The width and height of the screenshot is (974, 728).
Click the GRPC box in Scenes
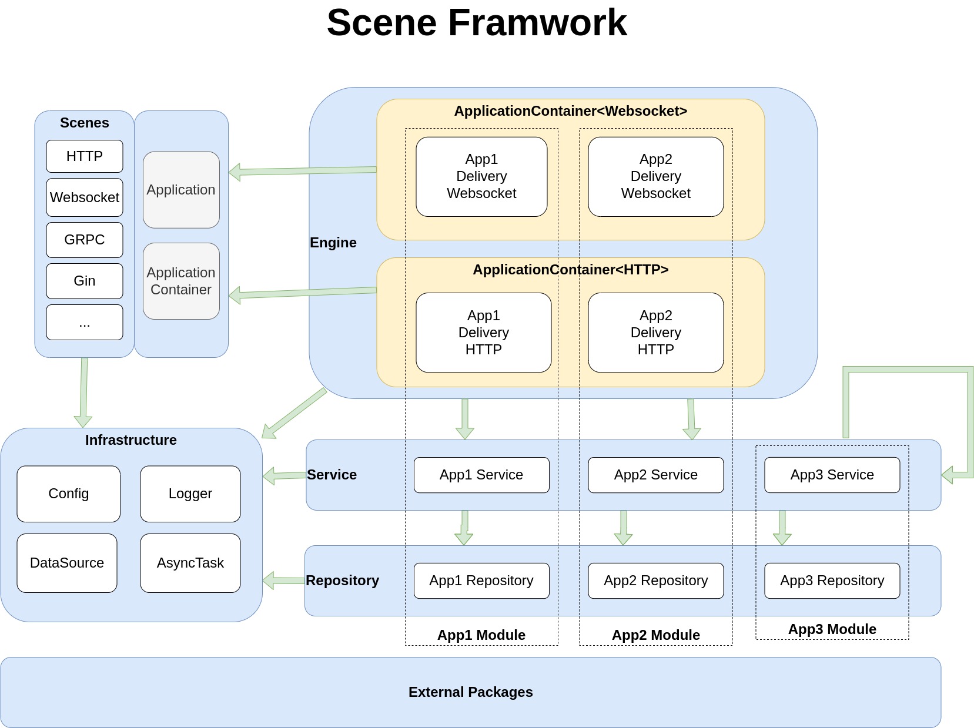coord(85,240)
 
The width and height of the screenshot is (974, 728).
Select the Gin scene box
coord(85,281)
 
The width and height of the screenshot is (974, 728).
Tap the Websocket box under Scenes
coord(85,197)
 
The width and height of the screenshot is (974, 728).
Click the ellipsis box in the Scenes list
coord(85,322)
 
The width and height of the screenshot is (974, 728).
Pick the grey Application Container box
coord(181,281)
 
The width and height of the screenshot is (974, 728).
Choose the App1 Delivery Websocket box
coord(481,176)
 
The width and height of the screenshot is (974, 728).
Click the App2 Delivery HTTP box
coord(655,333)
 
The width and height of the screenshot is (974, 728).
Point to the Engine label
coord(333,243)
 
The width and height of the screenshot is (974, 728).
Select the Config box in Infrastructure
coord(69,494)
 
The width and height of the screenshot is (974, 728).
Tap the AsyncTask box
coord(190,563)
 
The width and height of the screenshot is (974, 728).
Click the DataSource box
coord(67,563)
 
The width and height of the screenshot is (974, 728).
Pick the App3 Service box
coord(832,475)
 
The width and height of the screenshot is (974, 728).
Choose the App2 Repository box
coord(655,581)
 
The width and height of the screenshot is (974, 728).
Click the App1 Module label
coord(481,635)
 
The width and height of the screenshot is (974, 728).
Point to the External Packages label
coord(470,692)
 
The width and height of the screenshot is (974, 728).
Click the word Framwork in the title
coord(537,23)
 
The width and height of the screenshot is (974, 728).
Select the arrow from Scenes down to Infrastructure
coord(83,391)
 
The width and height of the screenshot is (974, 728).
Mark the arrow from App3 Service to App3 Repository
coord(782,528)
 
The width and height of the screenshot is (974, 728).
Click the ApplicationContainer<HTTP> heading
coord(570,270)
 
